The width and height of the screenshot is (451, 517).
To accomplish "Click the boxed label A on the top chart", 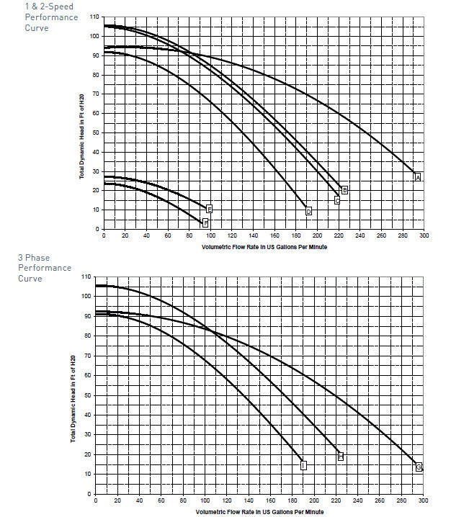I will (417, 176).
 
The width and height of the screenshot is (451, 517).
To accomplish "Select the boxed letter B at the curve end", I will (344, 190).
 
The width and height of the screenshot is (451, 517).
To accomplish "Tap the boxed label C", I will (336, 200).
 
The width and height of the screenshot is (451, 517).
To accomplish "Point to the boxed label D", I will (308, 211).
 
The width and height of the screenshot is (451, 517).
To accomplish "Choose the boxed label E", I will (209, 209).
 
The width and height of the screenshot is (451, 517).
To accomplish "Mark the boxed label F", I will (205, 222).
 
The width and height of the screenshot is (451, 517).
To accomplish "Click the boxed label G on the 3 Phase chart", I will (419, 467).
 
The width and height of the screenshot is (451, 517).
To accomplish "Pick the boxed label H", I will (341, 457).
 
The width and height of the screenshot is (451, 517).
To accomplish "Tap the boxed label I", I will (303, 465).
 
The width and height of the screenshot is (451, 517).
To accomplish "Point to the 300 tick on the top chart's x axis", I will (424, 236).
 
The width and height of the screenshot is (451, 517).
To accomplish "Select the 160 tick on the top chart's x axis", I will (274, 236).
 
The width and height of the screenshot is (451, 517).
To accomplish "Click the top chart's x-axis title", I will (263, 246).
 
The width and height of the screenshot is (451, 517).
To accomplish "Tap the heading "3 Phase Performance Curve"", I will (35, 268).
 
